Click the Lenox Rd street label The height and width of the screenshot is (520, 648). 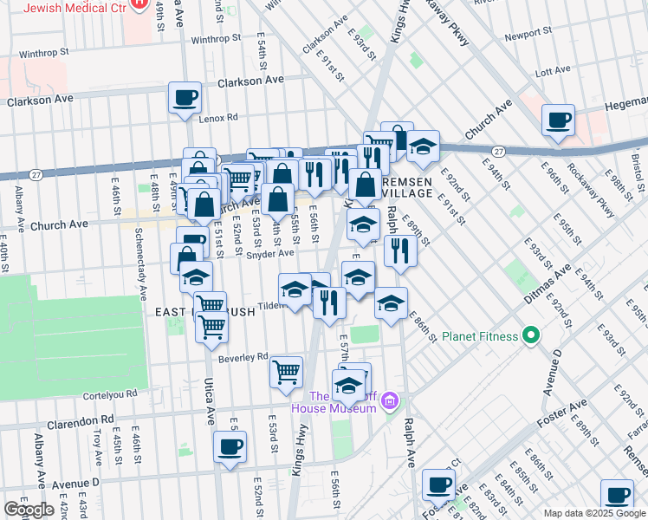click(x=217, y=118)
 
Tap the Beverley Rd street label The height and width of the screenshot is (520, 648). click(x=243, y=357)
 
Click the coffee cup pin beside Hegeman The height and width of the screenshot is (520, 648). click(x=559, y=119)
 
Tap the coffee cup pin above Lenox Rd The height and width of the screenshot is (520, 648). click(x=185, y=97)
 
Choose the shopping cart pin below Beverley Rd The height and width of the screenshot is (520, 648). click(x=286, y=372)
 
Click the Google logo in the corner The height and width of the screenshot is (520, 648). click(x=29, y=510)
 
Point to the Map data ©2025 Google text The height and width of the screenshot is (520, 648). click(x=593, y=513)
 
